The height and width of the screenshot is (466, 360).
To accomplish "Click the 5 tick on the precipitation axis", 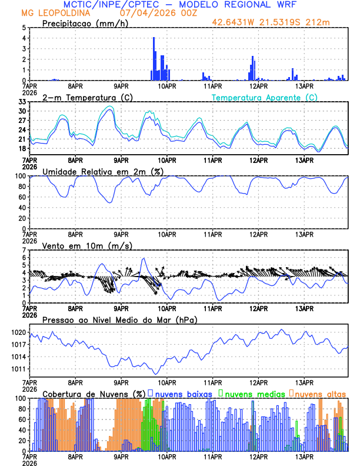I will point(24,28).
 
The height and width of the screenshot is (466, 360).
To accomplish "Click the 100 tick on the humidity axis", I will point(20,176).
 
